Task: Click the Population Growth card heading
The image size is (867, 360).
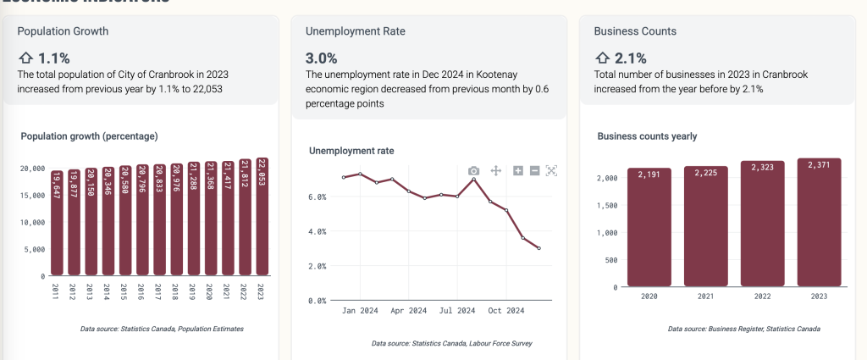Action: coord(63,31)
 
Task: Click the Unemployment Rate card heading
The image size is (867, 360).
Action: coord(355,31)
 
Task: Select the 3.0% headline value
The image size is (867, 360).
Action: coord(321,58)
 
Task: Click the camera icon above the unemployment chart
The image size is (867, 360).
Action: coord(474,171)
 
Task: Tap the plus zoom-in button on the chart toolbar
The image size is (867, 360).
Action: coord(518,171)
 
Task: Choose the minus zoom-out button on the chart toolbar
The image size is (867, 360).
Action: coord(534,171)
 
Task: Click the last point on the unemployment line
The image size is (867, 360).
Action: coord(538,248)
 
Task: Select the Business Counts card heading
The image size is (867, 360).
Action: coord(635,31)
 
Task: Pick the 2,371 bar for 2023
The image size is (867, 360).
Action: coord(819,223)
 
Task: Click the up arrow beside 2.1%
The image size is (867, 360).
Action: coord(602,58)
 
